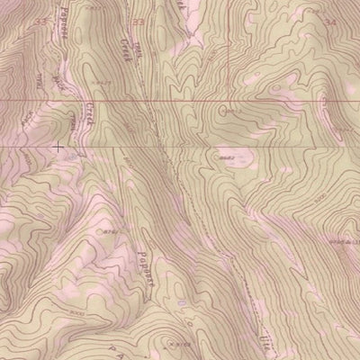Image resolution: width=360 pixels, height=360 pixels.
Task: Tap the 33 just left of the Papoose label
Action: coord(40,20)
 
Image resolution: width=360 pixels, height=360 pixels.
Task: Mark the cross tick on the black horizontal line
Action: coord(59,145)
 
